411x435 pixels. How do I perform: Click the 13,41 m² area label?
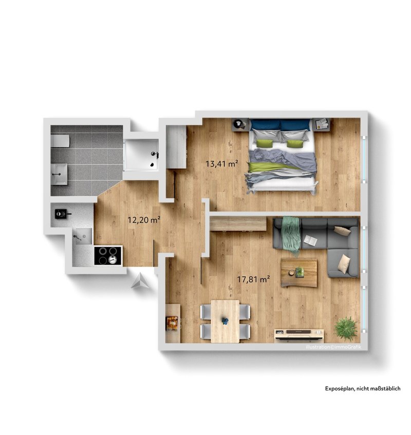221,164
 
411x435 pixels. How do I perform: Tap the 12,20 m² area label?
144,220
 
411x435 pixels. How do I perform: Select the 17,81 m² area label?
253,279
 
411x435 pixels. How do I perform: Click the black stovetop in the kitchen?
108,255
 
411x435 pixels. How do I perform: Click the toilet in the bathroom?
60,141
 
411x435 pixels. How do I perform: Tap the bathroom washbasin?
59,174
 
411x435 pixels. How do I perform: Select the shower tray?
141,155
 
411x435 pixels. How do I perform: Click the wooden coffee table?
299,273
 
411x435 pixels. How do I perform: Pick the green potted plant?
346,329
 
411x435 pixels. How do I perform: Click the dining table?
225,321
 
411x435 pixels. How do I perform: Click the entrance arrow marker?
141,281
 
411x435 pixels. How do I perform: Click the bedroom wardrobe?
177,147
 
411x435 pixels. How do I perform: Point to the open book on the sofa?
310,240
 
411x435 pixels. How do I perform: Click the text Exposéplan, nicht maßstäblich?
363,388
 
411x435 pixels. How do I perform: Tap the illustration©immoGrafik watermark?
333,347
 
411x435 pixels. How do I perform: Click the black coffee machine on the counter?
62,214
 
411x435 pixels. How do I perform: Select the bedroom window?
364,160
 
